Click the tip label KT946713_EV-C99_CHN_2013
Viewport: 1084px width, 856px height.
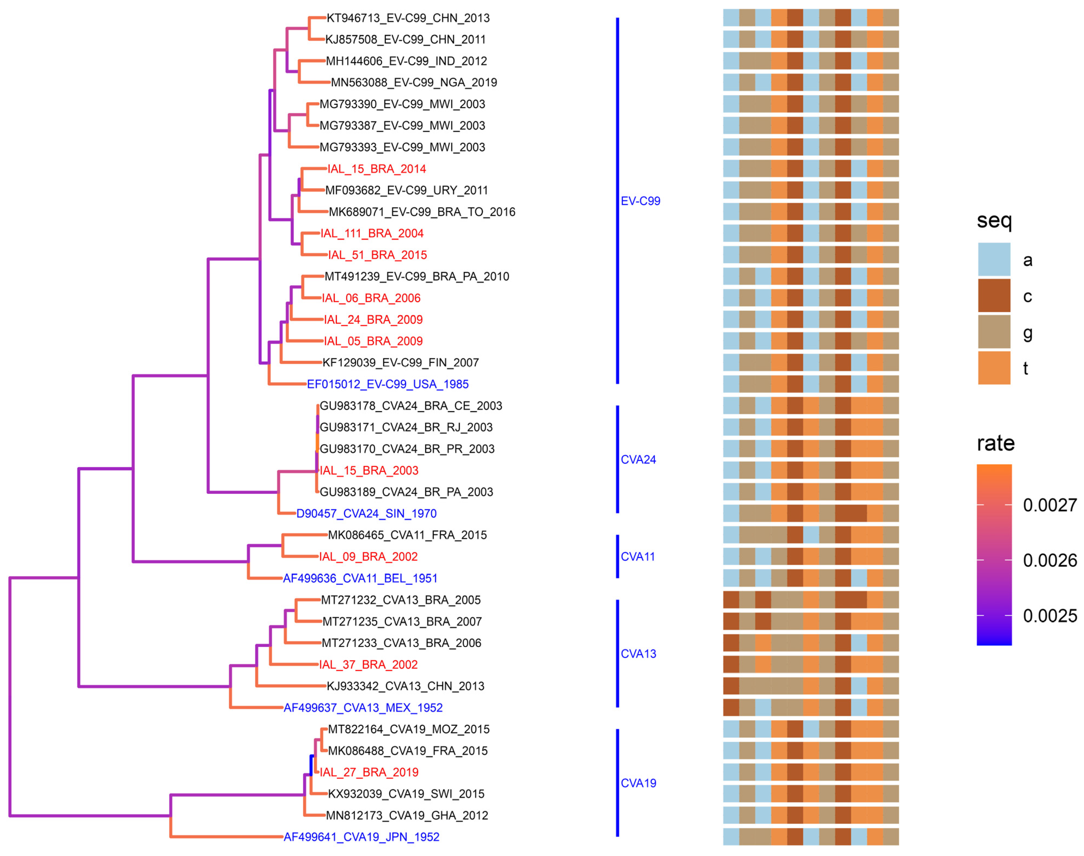(408, 18)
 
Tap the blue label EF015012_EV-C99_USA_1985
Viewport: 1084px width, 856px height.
(388, 384)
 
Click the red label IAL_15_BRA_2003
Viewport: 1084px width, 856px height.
(369, 471)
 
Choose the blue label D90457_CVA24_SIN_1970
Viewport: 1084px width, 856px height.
(366, 514)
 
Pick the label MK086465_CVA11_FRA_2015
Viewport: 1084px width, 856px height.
(407, 535)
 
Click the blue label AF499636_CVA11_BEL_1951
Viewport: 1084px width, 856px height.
(360, 578)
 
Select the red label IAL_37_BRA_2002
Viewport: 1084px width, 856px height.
(368, 664)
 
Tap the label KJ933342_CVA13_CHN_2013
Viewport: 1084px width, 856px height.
(405, 686)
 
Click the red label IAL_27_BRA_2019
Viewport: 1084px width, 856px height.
(369, 772)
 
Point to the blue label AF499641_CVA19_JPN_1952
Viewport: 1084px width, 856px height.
(361, 837)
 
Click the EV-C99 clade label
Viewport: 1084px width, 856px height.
(640, 201)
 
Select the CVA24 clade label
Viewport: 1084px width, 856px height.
(638, 460)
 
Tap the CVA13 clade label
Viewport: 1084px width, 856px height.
(638, 654)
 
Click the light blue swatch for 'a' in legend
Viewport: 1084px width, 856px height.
(994, 260)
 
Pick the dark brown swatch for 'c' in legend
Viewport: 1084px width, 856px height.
(994, 296)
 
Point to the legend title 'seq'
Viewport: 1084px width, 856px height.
(994, 220)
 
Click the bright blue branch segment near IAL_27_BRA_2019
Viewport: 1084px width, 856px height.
(312, 766)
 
